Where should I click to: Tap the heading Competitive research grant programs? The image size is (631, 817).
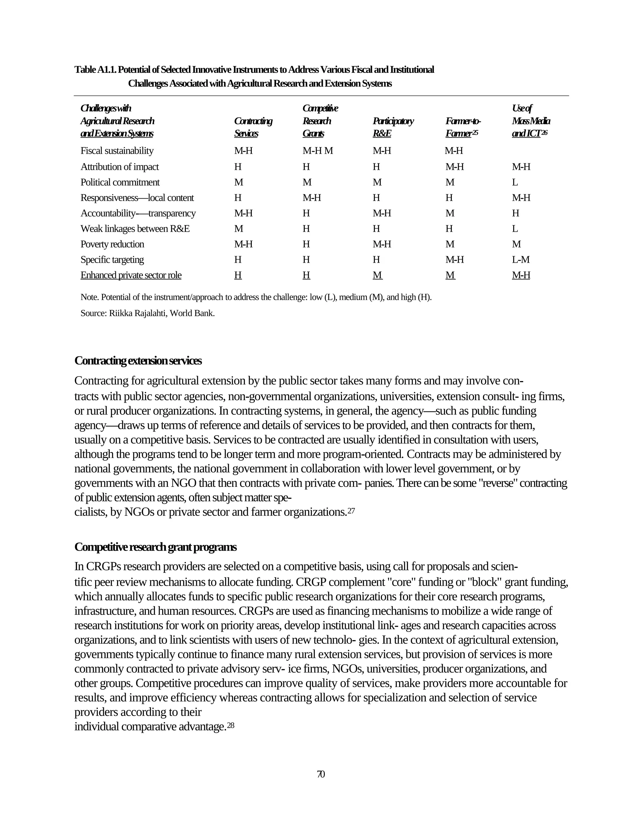(155, 547)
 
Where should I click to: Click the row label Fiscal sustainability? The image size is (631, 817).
(117, 151)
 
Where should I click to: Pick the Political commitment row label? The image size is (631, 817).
(120, 182)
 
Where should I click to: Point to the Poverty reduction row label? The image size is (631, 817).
(112, 244)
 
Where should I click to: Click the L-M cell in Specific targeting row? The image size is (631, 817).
(520, 260)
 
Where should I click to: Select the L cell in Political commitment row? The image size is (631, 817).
(515, 182)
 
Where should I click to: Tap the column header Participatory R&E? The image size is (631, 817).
(393, 127)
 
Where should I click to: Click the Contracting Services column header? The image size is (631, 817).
(253, 127)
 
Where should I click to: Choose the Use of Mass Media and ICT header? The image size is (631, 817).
(530, 121)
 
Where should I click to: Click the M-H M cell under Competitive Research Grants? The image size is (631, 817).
(317, 151)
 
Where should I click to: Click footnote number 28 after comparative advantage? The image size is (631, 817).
(231, 725)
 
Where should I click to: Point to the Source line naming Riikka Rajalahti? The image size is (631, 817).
(147, 313)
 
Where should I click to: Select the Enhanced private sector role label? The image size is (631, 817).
(131, 275)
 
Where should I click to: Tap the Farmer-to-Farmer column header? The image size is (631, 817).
(462, 127)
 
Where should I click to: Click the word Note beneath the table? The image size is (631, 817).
(89, 298)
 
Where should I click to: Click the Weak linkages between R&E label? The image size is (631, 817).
(135, 228)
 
